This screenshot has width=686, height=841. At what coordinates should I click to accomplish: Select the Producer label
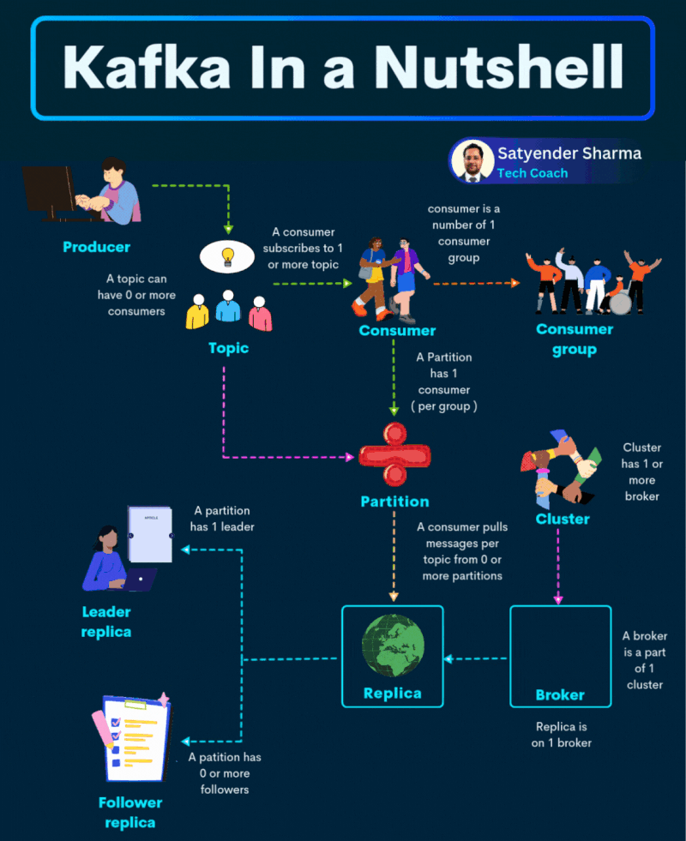[96, 247]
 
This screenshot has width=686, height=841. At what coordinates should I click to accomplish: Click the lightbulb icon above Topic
[227, 255]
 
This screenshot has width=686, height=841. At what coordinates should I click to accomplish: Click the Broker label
[560, 694]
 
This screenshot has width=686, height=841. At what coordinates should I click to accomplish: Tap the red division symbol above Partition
[394, 455]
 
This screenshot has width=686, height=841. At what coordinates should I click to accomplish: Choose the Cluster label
[563, 519]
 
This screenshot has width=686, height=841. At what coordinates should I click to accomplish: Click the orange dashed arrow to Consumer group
[476, 282]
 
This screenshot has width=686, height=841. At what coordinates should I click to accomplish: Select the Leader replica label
[106, 622]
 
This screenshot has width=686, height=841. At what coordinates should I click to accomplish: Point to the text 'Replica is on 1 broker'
[561, 735]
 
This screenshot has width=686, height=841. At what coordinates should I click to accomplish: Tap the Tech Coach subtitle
[533, 173]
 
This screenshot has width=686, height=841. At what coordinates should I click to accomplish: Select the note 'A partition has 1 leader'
[224, 518]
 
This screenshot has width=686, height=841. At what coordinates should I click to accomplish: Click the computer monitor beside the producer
[49, 190]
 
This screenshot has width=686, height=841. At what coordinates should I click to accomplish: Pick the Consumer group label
[575, 339]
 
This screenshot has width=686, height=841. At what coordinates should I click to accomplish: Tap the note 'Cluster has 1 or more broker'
[642, 472]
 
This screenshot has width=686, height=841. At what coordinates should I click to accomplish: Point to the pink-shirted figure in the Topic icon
[260, 315]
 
